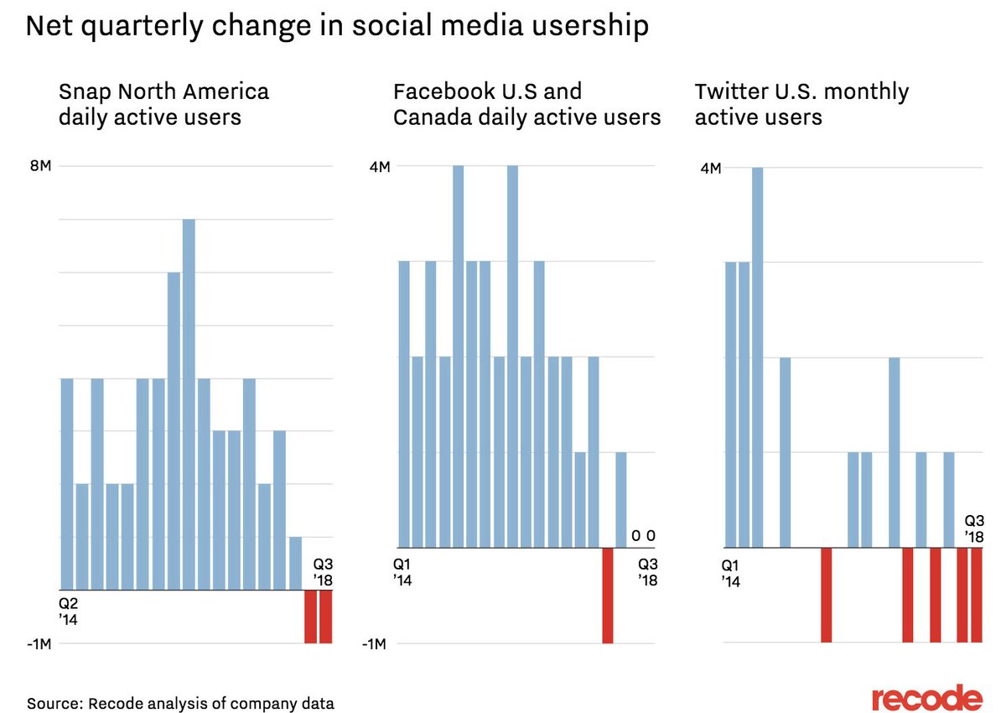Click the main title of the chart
click(x=337, y=27)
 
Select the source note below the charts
click(x=180, y=703)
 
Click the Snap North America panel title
click(x=163, y=103)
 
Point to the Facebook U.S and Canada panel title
click(x=526, y=103)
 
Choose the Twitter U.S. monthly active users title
click(x=801, y=103)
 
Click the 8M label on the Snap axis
click(x=41, y=166)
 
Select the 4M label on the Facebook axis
click(x=380, y=166)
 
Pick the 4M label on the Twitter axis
click(x=710, y=169)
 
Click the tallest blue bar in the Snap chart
click(x=189, y=403)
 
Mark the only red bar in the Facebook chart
click(x=608, y=596)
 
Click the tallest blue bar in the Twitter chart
click(x=757, y=356)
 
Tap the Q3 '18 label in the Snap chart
click(x=323, y=570)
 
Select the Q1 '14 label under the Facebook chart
click(x=404, y=570)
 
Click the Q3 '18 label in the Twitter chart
click(x=973, y=528)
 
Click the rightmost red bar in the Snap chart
click(x=326, y=617)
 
